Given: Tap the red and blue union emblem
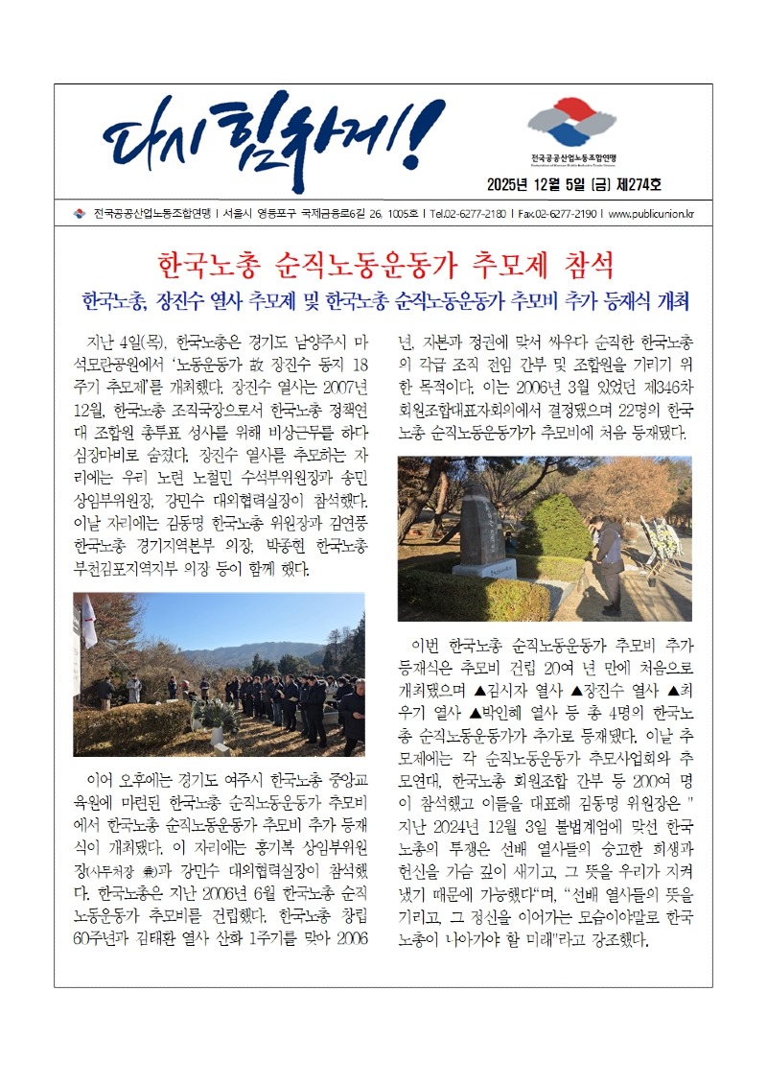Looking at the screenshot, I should point(573,124).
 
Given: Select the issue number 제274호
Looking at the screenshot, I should point(634,184).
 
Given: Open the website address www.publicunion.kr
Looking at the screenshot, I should point(651,214).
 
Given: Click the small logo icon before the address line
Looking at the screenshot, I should point(80,214).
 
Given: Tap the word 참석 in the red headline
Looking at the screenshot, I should point(582,264).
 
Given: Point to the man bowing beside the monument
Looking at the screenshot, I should point(608,561).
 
